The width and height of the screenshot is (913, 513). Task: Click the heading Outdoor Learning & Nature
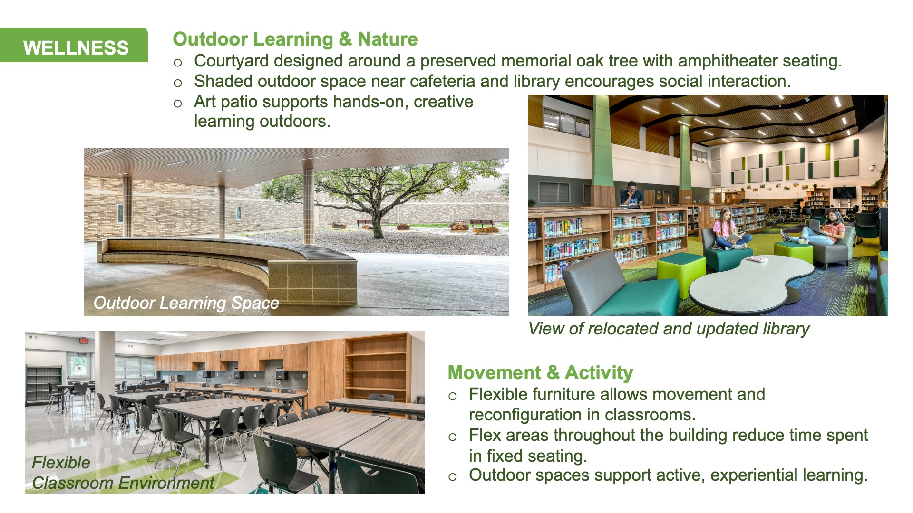point(295,39)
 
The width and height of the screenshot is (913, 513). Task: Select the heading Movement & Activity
point(540,373)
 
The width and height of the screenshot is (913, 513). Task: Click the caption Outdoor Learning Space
point(186,303)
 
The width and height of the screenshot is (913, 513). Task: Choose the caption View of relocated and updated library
point(669,329)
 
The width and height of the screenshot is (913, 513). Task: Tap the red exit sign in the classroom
point(83,341)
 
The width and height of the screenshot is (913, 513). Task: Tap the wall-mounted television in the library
point(844,192)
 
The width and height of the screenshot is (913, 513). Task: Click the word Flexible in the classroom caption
point(61,463)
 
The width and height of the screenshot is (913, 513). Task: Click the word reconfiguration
point(528,415)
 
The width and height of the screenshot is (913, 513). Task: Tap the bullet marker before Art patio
point(178,104)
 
